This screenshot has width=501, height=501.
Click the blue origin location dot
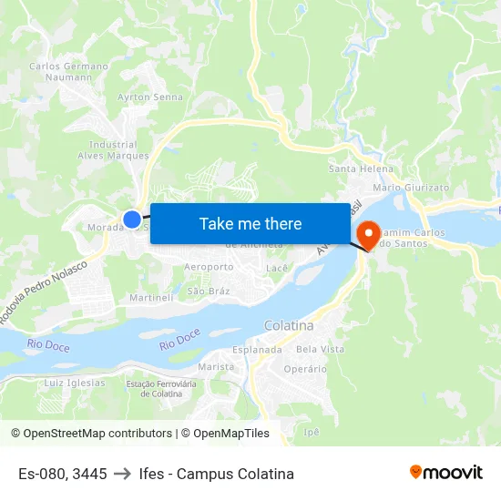pyautogui.click(x=132, y=219)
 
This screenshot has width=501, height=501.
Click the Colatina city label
pyautogui.click(x=288, y=325)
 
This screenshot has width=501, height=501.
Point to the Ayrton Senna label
pyautogui.click(x=150, y=97)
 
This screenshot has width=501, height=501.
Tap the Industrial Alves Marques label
pyautogui.click(x=113, y=150)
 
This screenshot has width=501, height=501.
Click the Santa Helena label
pyautogui.click(x=361, y=169)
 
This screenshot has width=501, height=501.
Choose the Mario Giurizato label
pyautogui.click(x=412, y=187)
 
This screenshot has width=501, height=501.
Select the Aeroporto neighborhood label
pyautogui.click(x=209, y=267)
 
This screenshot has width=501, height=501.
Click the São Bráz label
pyautogui.click(x=208, y=291)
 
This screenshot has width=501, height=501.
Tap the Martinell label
pyautogui.click(x=150, y=298)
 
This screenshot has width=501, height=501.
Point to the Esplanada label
pyautogui.click(x=257, y=349)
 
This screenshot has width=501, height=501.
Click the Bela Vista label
pyautogui.click(x=321, y=349)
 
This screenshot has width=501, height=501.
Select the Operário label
pyautogui.click(x=305, y=369)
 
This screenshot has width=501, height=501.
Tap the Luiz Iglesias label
pyautogui.click(x=75, y=383)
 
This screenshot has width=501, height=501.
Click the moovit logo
pyautogui.click(x=446, y=473)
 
